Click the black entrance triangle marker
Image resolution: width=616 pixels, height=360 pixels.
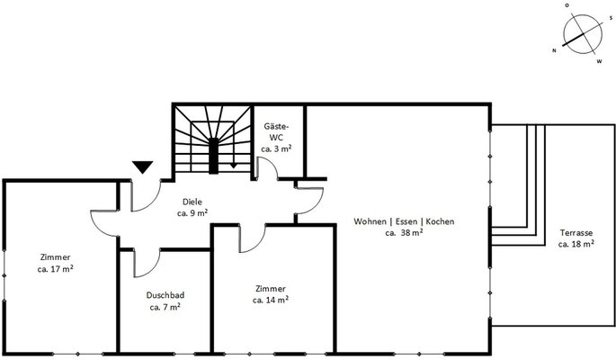[143, 167]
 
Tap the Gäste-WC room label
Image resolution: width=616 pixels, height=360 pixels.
[276, 132]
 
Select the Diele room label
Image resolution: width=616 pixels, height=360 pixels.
[192, 202]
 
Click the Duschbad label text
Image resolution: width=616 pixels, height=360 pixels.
[165, 295]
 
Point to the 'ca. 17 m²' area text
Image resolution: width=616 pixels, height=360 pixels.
[56, 269]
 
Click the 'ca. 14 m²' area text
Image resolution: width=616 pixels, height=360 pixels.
[271, 300]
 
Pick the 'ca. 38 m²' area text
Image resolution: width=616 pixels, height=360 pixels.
[405, 233]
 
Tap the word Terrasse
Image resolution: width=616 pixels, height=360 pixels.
[576, 233]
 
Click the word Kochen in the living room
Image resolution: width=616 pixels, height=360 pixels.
[440, 221]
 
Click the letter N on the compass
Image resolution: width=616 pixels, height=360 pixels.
[554, 50]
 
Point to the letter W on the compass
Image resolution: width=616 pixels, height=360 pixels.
[600, 61]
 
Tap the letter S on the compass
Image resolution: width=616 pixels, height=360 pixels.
[611, 18]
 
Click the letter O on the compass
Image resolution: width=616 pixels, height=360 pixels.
[567, 5]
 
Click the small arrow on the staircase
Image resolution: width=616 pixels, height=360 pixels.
[234, 166]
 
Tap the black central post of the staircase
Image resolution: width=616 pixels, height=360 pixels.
[213, 156]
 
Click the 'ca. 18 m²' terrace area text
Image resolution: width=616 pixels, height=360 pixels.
[576, 244]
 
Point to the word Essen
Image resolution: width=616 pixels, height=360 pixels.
[406, 221]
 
